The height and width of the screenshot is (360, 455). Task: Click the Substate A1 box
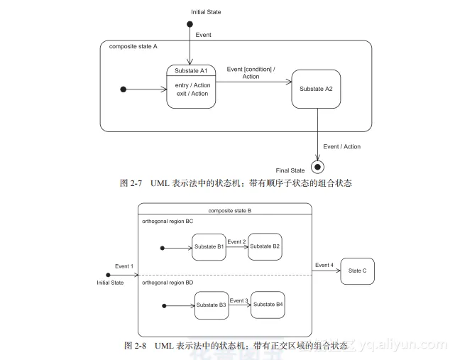(191, 87)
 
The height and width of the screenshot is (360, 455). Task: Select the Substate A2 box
(316, 89)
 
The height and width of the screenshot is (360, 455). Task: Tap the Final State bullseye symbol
(317, 168)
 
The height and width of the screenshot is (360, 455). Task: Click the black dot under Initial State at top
(190, 25)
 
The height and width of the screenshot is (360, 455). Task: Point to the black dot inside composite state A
(124, 89)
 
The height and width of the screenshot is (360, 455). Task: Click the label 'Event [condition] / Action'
(251, 72)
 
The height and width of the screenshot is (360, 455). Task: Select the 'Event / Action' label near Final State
(341, 147)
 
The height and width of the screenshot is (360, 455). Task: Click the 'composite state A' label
(133, 47)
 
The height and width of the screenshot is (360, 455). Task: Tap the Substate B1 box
(209, 247)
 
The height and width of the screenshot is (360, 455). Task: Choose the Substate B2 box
(265, 246)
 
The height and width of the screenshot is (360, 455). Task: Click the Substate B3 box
(212, 305)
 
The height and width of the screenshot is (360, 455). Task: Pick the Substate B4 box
(268, 305)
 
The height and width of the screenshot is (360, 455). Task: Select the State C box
(358, 271)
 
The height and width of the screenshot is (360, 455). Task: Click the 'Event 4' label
(324, 265)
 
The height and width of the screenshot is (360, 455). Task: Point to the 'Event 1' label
(124, 266)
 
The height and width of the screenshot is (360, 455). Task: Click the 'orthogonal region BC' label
(168, 221)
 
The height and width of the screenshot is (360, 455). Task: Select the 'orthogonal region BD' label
(168, 283)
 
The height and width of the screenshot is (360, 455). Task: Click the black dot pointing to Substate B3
(164, 306)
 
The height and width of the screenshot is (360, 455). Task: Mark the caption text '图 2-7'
(131, 183)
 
